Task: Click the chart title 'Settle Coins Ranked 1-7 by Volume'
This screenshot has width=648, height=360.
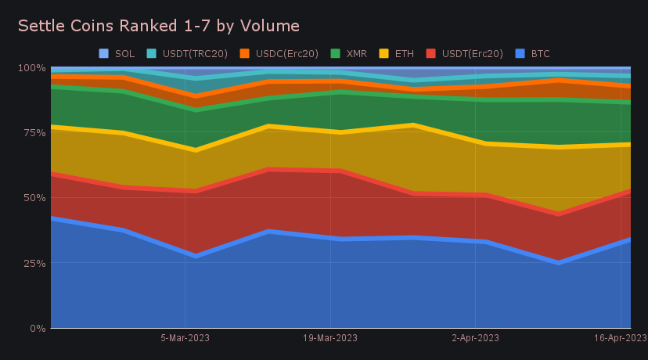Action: tap(159, 26)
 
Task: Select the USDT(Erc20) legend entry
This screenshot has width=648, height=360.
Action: tap(467, 53)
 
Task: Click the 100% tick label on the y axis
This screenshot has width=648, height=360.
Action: tap(32, 67)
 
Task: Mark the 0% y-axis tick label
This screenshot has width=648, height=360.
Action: tap(37, 328)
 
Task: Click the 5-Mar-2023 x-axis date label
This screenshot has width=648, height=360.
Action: tap(185, 338)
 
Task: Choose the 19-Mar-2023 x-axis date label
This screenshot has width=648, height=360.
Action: tap(330, 338)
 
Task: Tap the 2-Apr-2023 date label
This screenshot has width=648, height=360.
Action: tap(476, 338)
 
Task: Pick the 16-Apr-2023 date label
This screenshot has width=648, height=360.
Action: tap(620, 338)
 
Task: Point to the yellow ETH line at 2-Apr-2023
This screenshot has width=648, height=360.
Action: tap(476, 143)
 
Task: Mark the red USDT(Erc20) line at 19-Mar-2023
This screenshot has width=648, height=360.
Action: tap(330, 170)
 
